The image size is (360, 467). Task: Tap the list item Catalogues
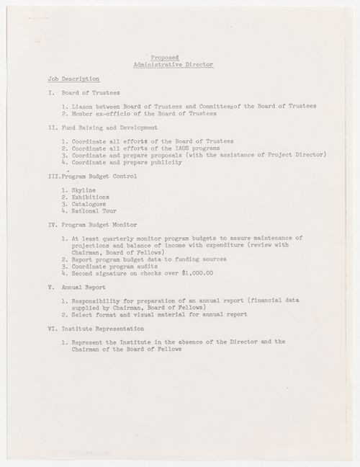pos(89,204)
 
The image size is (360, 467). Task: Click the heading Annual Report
pos(71,288)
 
